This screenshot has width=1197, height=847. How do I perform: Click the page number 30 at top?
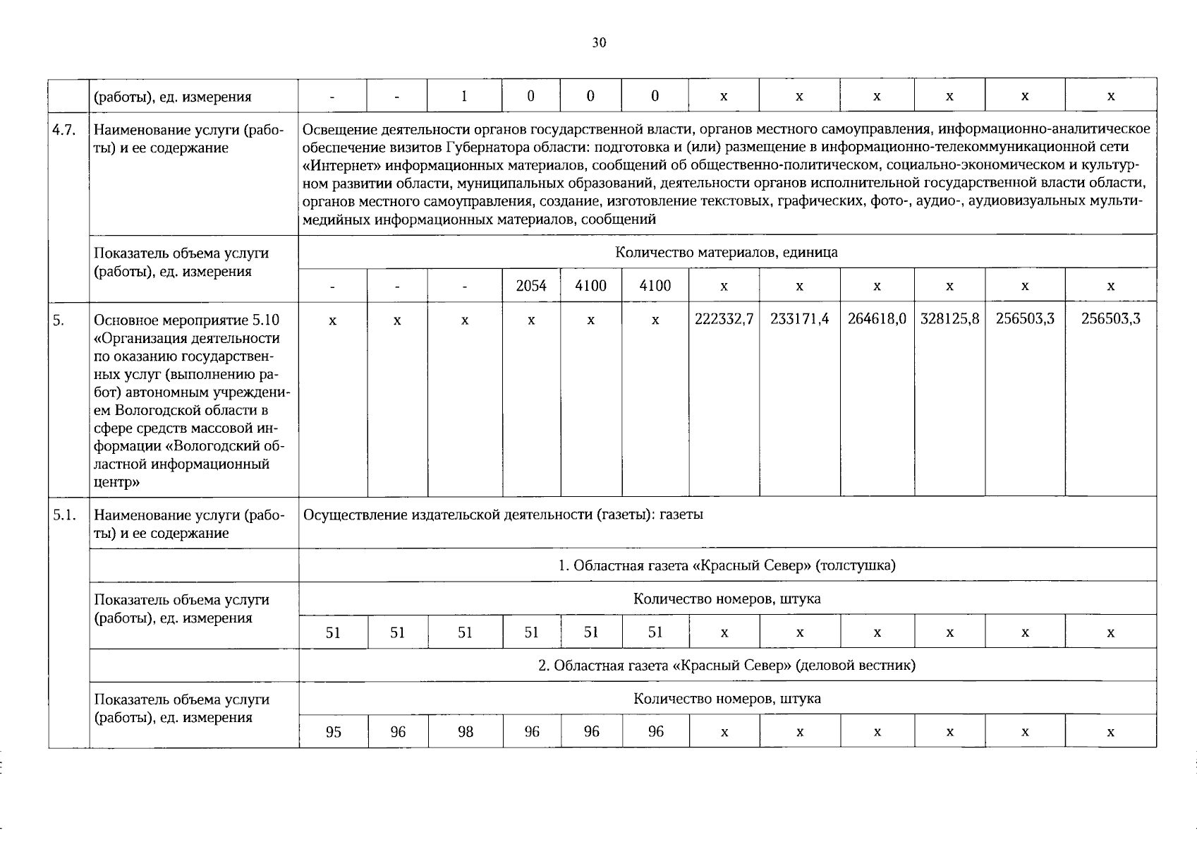[599, 43]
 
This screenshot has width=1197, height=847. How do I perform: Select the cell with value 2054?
[531, 286]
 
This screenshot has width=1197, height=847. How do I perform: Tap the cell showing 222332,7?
[724, 319]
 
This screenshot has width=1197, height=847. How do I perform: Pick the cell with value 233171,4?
[799, 319]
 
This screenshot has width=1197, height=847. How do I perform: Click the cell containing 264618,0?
[877, 319]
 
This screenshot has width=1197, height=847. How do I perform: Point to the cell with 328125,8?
[949, 319]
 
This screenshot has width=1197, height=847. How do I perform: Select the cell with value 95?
[333, 732]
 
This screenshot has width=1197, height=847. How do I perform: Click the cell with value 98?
[465, 732]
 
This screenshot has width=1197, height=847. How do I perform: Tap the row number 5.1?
[64, 515]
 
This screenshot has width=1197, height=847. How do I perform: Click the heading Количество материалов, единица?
[727, 252]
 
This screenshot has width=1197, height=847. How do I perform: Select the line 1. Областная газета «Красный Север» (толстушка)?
[727, 565]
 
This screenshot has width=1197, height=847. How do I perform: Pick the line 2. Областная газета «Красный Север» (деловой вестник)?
[727, 665]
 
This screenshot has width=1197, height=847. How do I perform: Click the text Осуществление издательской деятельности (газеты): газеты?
[503, 515]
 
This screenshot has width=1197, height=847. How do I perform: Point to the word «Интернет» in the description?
[336, 165]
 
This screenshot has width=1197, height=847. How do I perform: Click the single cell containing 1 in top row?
[464, 96]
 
